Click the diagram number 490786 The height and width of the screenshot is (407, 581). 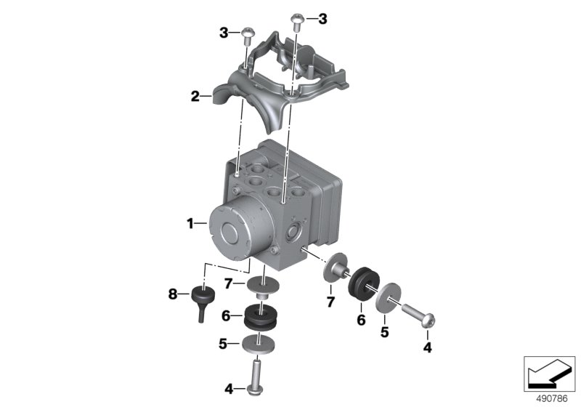point(552,399)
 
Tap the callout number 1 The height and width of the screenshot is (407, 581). point(190,224)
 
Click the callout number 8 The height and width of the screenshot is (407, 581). point(173,294)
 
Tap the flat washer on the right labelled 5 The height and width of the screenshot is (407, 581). point(388,297)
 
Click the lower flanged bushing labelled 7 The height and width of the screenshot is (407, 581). point(262,288)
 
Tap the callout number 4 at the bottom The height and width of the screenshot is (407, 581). point(229,390)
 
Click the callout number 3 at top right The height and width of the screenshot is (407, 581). point(322,19)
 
